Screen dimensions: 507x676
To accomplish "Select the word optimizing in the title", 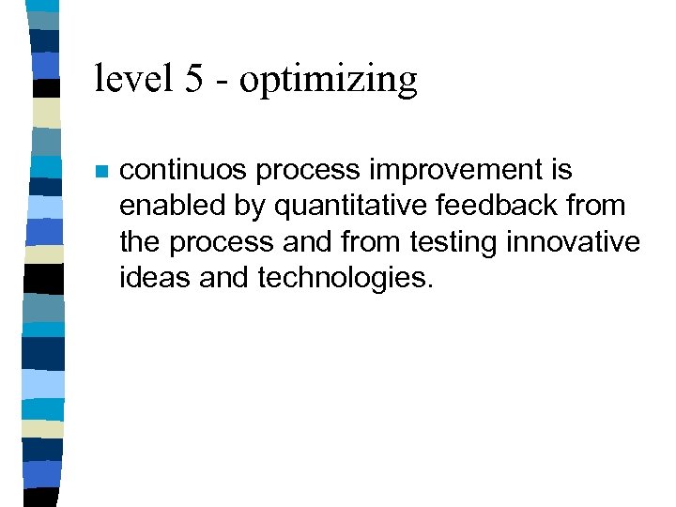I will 329,80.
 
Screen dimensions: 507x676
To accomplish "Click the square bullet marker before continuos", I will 101,173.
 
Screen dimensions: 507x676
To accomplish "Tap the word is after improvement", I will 561,170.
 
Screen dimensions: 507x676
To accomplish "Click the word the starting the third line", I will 140,242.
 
